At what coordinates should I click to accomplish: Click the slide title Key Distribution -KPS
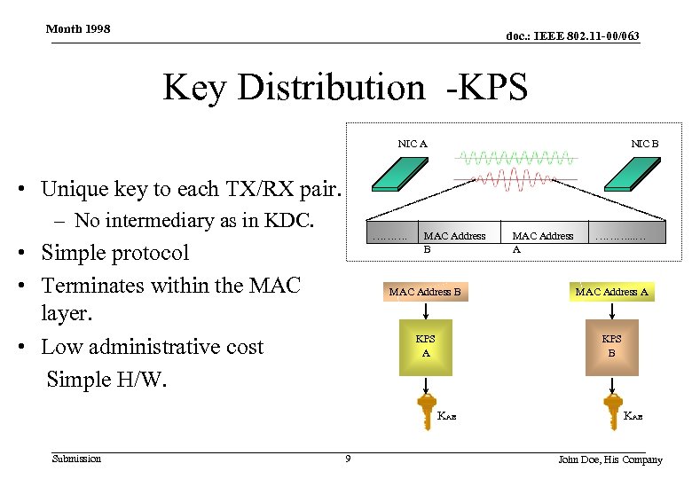pyautogui.click(x=345, y=88)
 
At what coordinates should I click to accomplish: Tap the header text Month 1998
pyautogui.click(x=78, y=28)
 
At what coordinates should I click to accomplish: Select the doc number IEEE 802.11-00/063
pyautogui.click(x=572, y=35)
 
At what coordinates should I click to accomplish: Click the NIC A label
pyautogui.click(x=413, y=144)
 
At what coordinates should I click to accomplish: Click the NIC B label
pyautogui.click(x=644, y=144)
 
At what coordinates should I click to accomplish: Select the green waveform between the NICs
pyautogui.click(x=515, y=159)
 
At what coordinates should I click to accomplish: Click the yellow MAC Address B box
pyautogui.click(x=425, y=292)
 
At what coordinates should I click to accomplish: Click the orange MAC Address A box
pyautogui.click(x=612, y=292)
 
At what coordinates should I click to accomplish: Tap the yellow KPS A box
pyautogui.click(x=425, y=345)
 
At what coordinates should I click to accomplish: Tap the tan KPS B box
pyautogui.click(x=611, y=345)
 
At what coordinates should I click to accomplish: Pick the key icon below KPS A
pyautogui.click(x=426, y=410)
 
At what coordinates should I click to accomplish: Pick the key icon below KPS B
pyautogui.click(x=612, y=410)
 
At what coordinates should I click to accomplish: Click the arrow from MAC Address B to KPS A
pyautogui.click(x=426, y=311)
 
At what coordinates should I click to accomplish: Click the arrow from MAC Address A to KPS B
pyautogui.click(x=612, y=311)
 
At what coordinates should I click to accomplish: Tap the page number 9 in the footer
pyautogui.click(x=348, y=459)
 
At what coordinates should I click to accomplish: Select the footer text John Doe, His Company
pyautogui.click(x=609, y=459)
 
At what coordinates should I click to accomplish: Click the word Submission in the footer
pyautogui.click(x=76, y=459)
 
